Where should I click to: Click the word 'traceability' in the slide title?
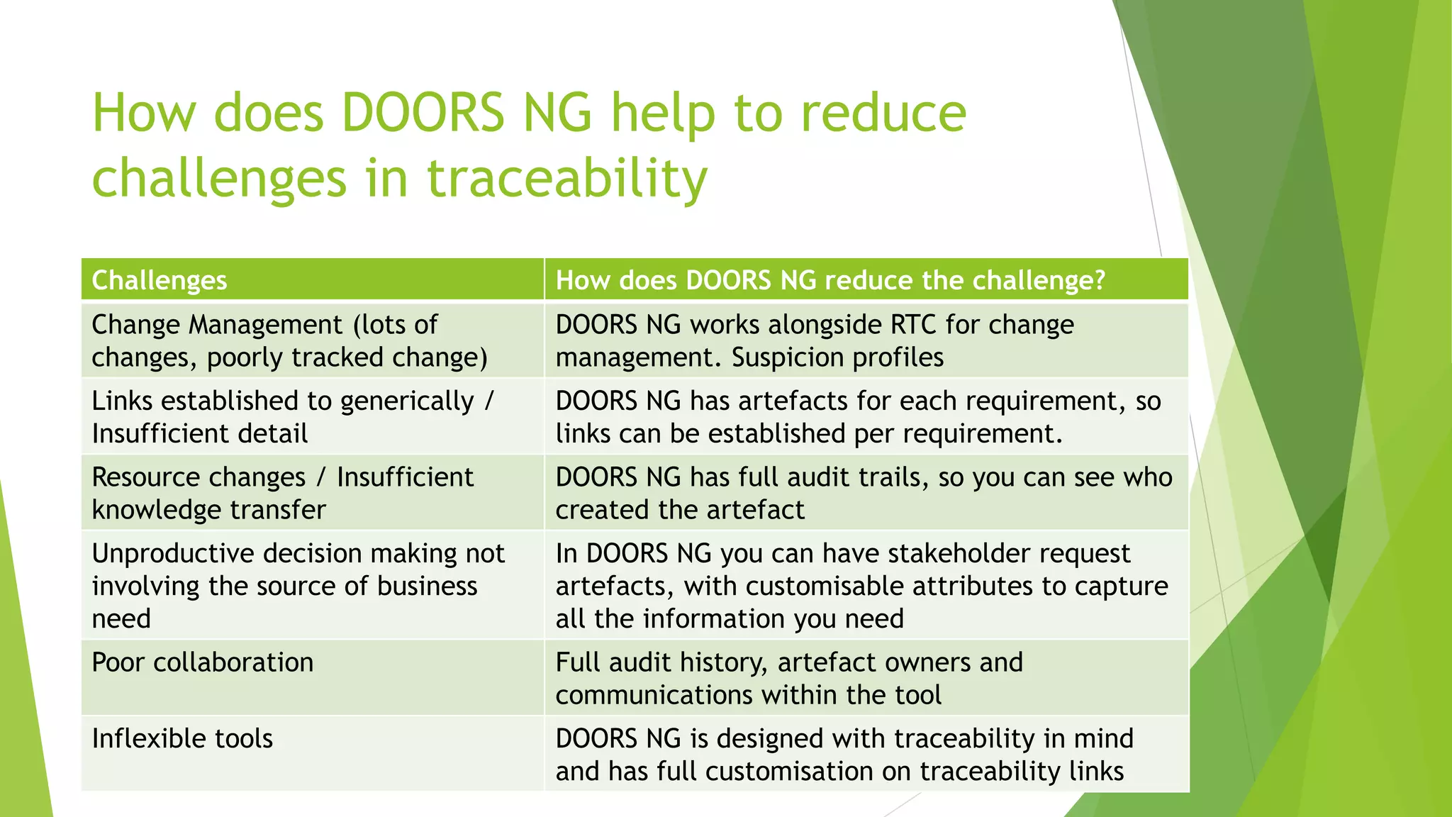point(566,178)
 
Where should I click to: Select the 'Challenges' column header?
point(160,281)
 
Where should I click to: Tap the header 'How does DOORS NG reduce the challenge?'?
point(830,281)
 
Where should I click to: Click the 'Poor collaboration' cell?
point(203,663)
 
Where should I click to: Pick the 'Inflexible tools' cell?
point(182,739)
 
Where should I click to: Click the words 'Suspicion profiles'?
point(837,357)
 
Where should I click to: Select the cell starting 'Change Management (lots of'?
point(289,341)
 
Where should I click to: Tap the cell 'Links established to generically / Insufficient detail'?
point(292,417)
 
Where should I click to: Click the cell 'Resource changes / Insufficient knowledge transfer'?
point(282,494)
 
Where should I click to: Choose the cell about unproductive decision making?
point(298,586)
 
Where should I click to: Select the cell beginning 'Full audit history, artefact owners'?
point(789,679)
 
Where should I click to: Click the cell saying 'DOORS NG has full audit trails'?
point(864,494)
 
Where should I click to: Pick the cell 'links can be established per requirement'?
point(858,417)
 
